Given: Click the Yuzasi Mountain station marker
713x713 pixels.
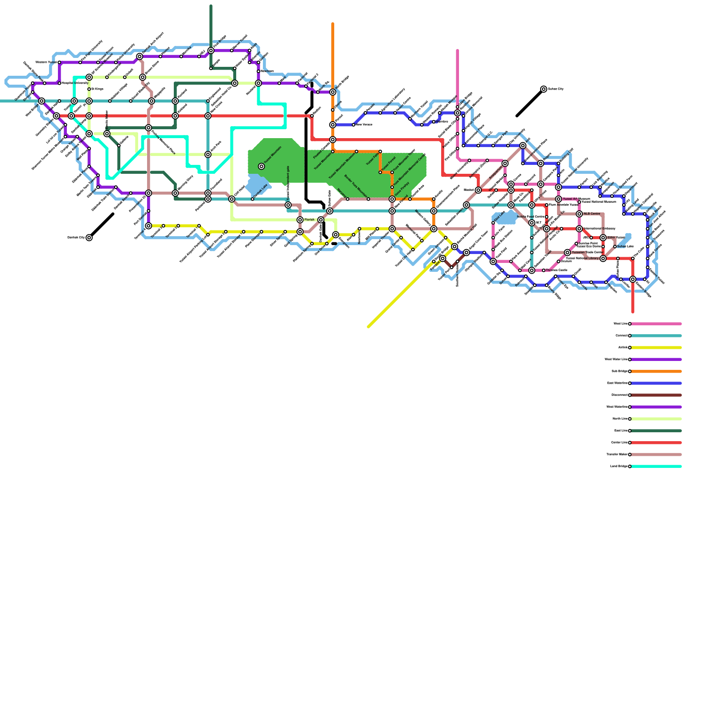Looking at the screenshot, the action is click(262, 166).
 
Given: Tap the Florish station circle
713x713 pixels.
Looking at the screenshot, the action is click(300, 220).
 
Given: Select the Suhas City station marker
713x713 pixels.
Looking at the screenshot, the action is click(544, 89).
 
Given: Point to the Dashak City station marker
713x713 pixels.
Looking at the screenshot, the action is click(89, 238).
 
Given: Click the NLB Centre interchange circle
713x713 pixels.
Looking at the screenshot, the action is click(579, 214).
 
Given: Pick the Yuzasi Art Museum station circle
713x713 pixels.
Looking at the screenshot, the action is click(558, 199).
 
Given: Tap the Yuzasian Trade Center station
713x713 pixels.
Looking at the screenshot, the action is click(567, 253).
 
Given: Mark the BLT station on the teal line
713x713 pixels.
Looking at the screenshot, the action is click(532, 223).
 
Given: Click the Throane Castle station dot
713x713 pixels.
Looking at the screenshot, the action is click(544, 270).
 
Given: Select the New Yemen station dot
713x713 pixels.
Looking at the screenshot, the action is click(353, 125).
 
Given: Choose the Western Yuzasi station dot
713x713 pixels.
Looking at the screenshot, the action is click(59, 62).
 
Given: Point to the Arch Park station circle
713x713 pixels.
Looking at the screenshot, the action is click(208, 155).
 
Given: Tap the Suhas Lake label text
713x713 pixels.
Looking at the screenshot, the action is click(625, 246).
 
